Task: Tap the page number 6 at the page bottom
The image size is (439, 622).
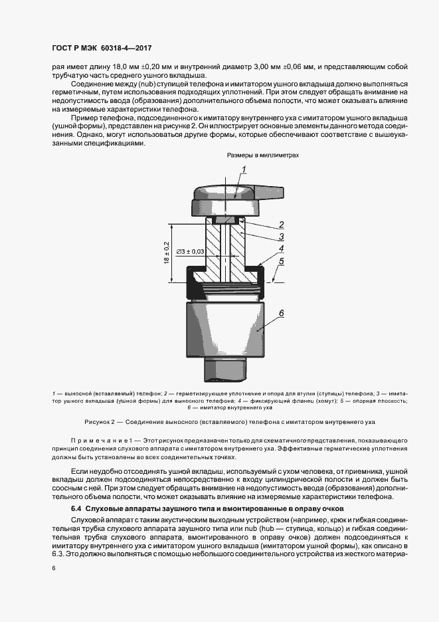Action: point(52,568)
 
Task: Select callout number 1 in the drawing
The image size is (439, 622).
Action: point(244,170)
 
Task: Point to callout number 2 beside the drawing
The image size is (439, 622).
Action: point(282,225)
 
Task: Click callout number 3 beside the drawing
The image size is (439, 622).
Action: point(282,237)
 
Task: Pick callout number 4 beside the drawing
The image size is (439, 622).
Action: point(282,249)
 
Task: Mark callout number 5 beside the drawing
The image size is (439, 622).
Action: point(282,262)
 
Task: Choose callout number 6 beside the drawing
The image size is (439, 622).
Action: point(282,313)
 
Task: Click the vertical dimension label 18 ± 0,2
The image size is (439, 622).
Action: point(167,253)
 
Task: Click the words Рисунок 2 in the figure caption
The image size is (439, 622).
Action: point(102,421)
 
